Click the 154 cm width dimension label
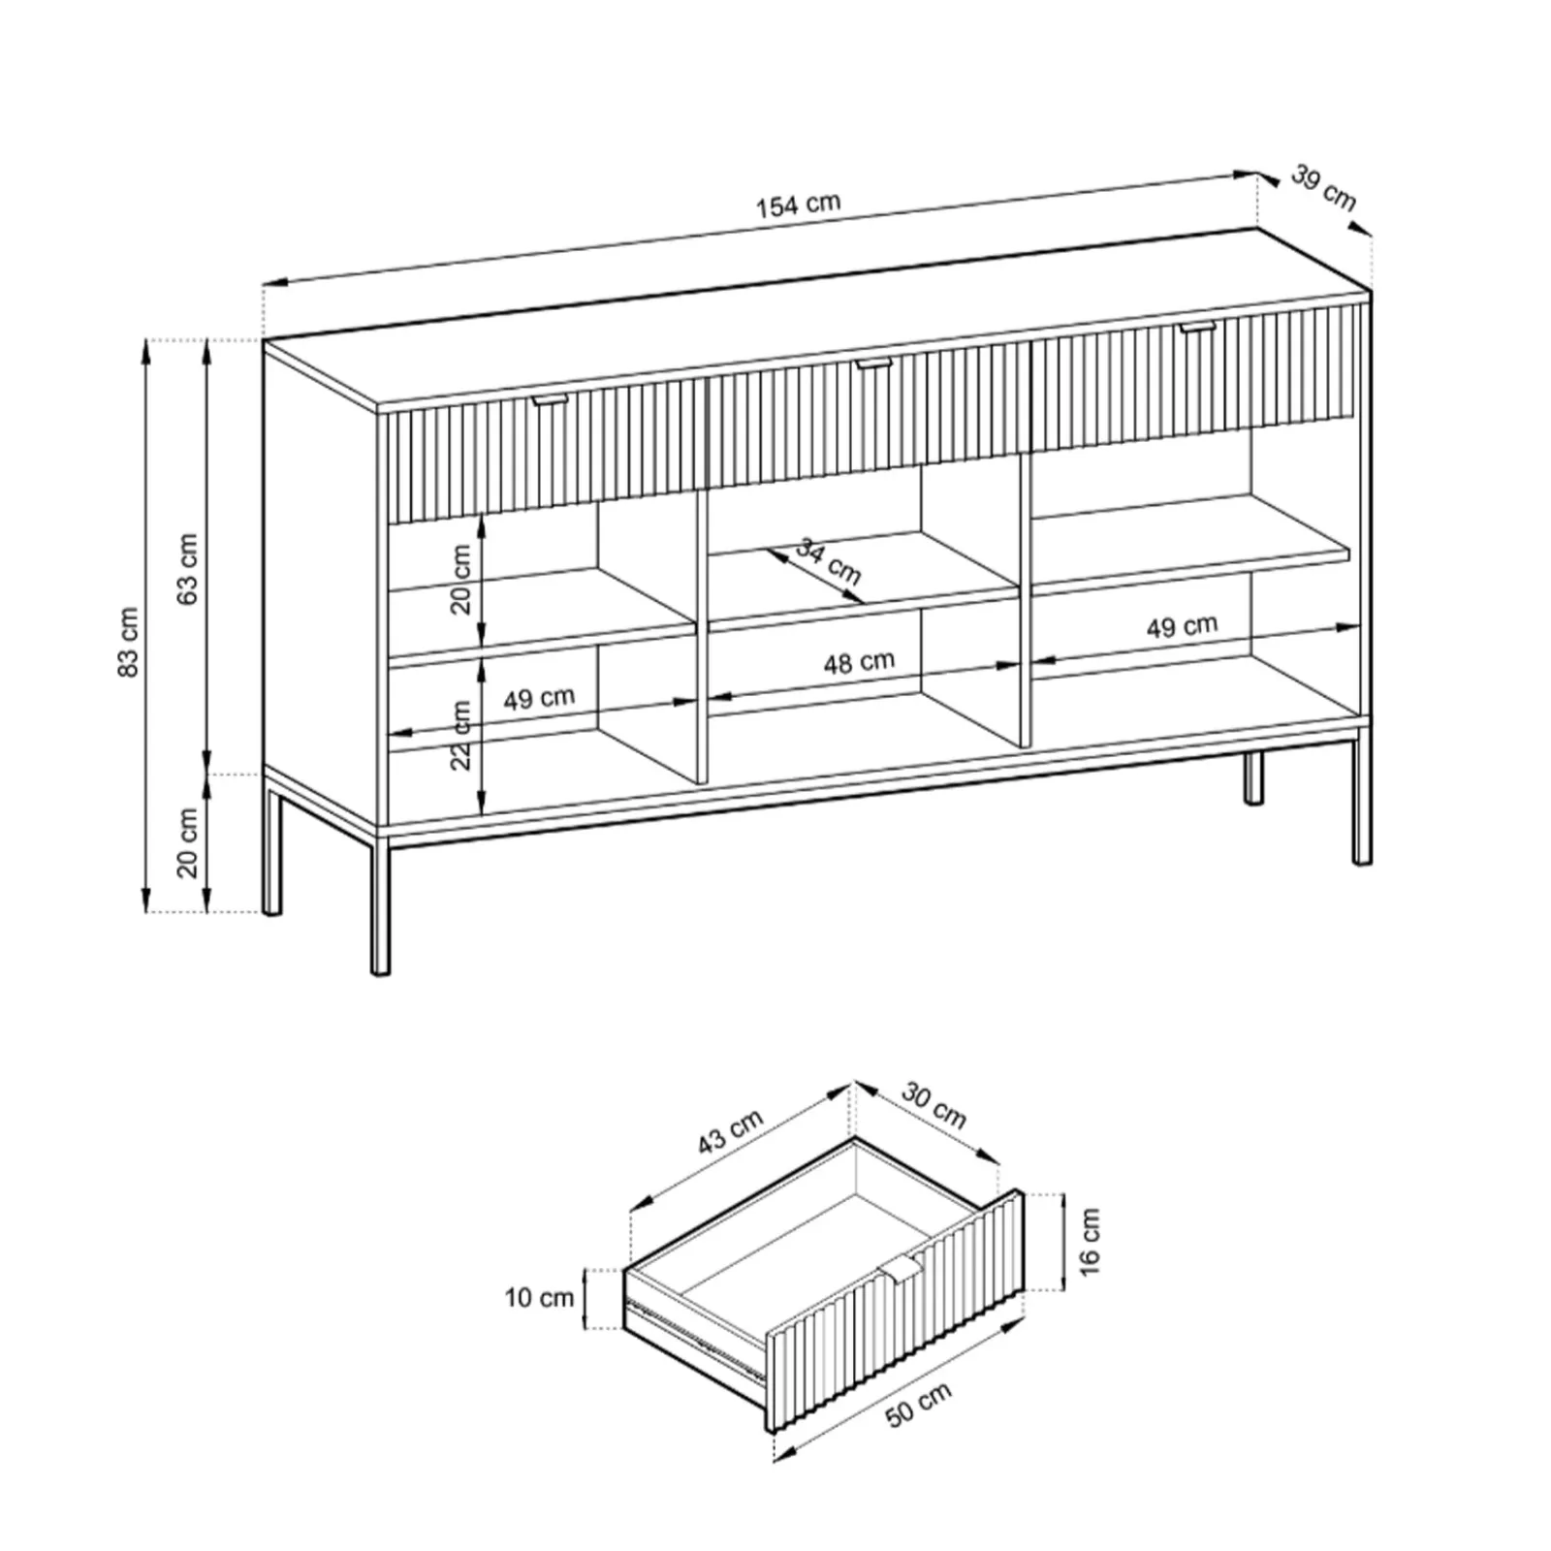(x=798, y=205)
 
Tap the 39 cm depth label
(x=1323, y=188)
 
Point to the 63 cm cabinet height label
(x=188, y=569)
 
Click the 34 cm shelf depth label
(x=829, y=561)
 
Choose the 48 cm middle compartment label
(x=859, y=662)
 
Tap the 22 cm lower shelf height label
(x=461, y=735)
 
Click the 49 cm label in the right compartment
(x=1182, y=626)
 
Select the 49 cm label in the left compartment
(x=539, y=698)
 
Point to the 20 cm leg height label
(x=188, y=842)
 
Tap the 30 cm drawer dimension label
(x=934, y=1106)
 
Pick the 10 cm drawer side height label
(x=539, y=1297)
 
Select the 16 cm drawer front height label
(x=1090, y=1242)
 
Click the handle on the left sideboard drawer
(x=553, y=398)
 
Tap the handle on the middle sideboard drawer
(x=875, y=364)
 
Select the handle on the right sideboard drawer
(x=1198, y=328)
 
